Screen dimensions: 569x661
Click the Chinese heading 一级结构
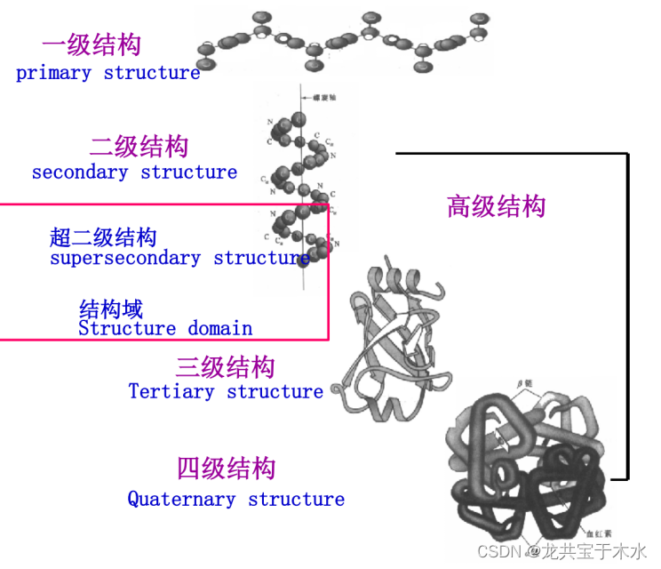coord(91,44)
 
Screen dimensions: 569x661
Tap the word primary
coord(53,73)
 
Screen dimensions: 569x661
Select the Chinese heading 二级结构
coord(139,145)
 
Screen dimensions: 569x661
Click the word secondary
coord(80,172)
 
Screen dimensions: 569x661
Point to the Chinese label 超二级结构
coord(103,236)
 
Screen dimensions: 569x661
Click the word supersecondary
coord(125,258)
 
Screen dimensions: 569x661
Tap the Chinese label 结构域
coord(111,309)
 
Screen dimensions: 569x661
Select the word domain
coord(219,328)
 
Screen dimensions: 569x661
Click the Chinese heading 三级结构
coord(225,366)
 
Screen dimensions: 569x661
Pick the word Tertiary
coord(171,391)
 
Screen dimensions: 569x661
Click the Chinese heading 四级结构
coord(226,468)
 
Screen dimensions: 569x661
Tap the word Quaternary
coord(182,499)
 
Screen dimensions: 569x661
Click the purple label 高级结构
coord(496,206)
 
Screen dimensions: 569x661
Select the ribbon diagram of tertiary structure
coord(391,342)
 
